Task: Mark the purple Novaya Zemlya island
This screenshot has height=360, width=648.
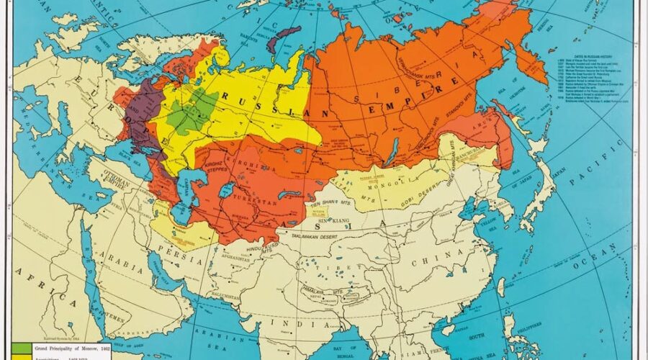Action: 282,40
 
